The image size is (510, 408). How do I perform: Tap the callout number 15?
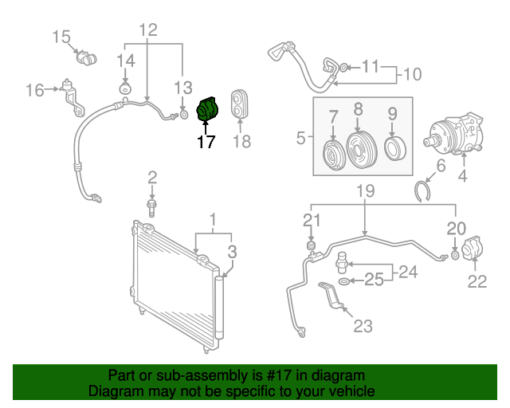click(x=62, y=36)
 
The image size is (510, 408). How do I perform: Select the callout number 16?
click(x=34, y=90)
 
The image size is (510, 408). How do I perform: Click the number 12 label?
click(x=148, y=30)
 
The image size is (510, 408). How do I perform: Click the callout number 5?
click(x=301, y=139)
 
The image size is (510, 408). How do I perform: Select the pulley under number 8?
click(x=361, y=150)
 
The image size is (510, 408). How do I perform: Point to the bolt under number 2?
click(x=151, y=207)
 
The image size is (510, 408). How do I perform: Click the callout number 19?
click(x=365, y=190)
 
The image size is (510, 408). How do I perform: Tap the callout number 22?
click(x=477, y=280)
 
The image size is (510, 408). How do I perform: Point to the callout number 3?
click(x=232, y=252)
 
